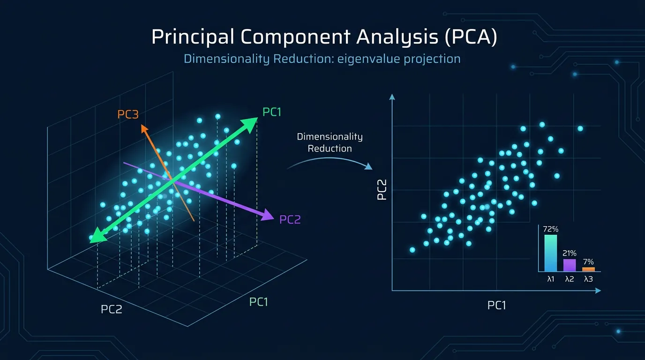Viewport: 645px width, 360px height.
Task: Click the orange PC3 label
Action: (128, 114)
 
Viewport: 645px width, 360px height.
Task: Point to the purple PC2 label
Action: (290, 219)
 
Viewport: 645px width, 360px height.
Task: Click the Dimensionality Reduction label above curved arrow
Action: (330, 142)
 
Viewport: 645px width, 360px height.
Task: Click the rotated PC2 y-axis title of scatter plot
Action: (382, 189)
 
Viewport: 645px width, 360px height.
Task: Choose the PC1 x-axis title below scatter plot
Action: (496, 306)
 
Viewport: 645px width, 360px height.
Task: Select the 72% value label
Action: (551, 230)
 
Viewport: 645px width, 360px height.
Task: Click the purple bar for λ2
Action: (569, 265)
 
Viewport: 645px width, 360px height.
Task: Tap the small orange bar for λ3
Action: (588, 269)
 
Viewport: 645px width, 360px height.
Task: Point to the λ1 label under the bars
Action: (551, 279)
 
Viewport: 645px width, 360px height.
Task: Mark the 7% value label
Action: (588, 262)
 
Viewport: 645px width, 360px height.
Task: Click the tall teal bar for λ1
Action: (551, 253)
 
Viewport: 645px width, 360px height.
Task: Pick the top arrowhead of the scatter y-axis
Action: (392, 97)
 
